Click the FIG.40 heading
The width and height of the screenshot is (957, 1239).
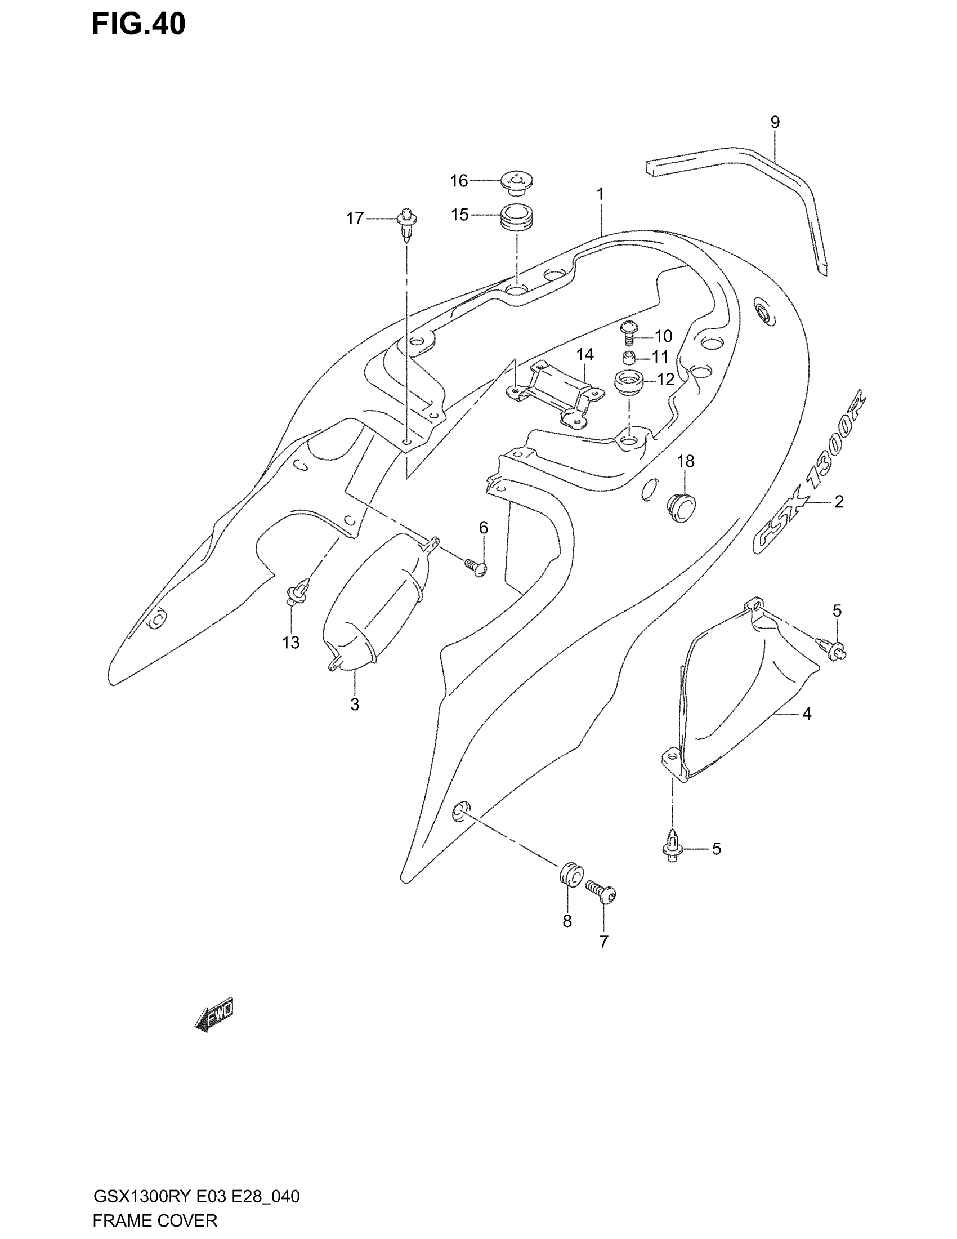(138, 25)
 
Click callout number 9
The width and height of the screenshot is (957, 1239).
(775, 122)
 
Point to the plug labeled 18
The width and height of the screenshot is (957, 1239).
(681, 507)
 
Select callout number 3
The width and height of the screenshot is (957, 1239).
(354, 705)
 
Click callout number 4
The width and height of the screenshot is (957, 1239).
(806, 714)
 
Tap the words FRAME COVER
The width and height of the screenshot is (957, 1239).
(155, 1220)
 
